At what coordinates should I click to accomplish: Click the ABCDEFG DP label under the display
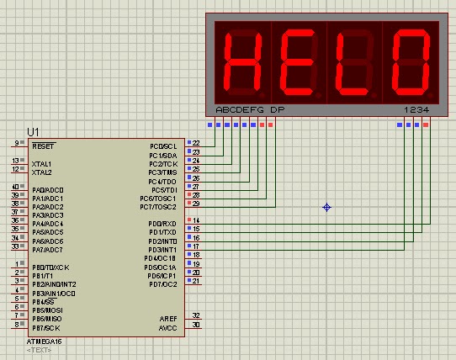pos(250,110)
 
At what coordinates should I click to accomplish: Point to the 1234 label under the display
pos(416,110)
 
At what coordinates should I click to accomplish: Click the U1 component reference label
pos(33,132)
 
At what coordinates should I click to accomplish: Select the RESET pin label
pos(41,146)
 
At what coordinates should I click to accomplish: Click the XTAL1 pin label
pos(41,163)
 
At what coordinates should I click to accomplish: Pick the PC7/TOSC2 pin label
pos(158,206)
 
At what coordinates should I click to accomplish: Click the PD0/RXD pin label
pos(162,223)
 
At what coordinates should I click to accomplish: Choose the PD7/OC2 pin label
pos(162,283)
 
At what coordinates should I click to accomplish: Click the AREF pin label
pos(168,319)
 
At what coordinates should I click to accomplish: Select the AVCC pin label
pos(168,327)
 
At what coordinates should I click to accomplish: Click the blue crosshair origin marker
pos(327,207)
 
